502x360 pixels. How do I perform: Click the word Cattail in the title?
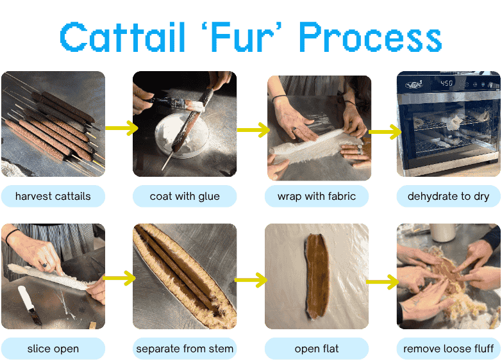[122, 37]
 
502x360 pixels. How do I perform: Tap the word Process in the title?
[371, 37]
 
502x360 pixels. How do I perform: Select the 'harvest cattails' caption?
[53, 196]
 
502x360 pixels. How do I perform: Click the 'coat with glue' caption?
[185, 196]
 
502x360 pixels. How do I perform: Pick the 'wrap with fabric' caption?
[317, 196]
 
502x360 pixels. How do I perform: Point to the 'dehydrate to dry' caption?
[449, 196]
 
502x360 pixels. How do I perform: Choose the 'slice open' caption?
[53, 348]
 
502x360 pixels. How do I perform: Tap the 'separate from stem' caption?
[185, 348]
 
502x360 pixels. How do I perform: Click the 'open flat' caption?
[317, 348]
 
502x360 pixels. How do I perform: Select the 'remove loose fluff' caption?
[449, 348]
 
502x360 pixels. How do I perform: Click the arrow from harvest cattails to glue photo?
[122, 128]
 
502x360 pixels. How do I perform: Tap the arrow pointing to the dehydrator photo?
[385, 131]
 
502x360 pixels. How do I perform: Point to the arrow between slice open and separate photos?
[119, 278]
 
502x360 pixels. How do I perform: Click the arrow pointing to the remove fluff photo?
[383, 282]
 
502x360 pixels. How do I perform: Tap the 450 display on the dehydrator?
[447, 83]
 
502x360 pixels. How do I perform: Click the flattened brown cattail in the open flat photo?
[317, 277]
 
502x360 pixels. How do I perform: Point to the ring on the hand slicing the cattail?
[44, 265]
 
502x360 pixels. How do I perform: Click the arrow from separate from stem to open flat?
[251, 280]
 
